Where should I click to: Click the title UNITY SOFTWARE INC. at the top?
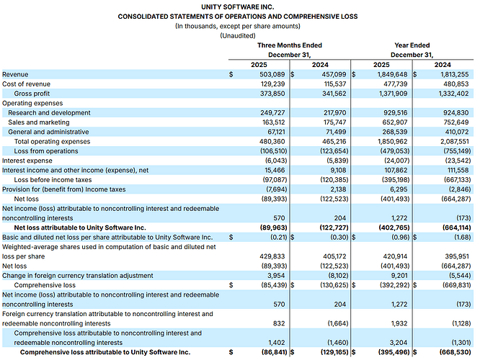(239, 6)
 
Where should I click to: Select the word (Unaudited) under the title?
(239, 35)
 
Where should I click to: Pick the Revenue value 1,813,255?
(451, 74)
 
